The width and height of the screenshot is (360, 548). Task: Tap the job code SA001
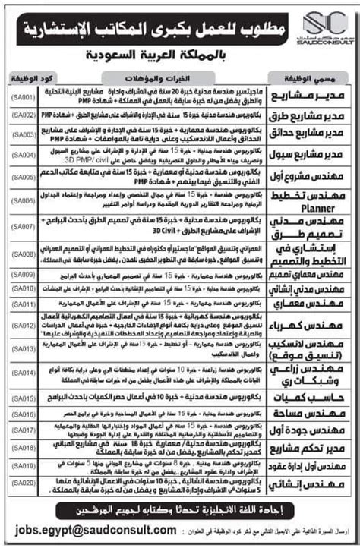(x=27, y=99)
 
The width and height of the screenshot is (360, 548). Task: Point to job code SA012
(x=27, y=326)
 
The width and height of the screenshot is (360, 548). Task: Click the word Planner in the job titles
(x=314, y=205)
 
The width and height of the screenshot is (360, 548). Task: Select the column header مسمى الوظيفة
(x=311, y=79)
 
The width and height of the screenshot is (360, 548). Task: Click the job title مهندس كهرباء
(x=311, y=325)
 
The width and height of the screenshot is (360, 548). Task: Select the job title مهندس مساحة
(x=311, y=414)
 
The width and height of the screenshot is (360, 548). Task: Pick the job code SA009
(x=27, y=273)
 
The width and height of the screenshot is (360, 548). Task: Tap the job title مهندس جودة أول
(x=311, y=430)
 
